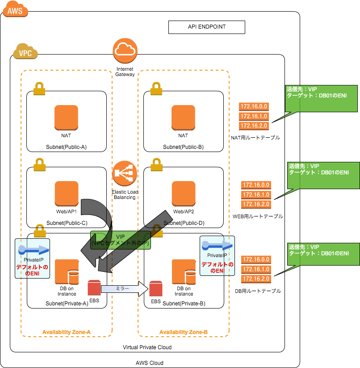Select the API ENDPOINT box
tap(206, 27)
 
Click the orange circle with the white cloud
tap(125, 51)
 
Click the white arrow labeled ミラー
tap(124, 289)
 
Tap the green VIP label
tap(121, 240)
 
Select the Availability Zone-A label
tap(67, 332)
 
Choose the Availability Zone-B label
tap(184, 332)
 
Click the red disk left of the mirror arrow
tap(94, 288)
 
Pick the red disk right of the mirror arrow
tap(155, 288)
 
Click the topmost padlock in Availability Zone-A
tap(39, 89)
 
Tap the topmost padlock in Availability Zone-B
tap(156, 89)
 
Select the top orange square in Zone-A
tap(66, 118)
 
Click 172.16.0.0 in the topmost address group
tap(254, 106)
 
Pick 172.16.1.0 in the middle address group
tap(256, 195)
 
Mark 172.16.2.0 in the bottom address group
tap(256, 279)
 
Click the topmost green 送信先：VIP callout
tap(321, 98)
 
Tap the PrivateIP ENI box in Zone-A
tap(32, 258)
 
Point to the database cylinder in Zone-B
tap(190, 277)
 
